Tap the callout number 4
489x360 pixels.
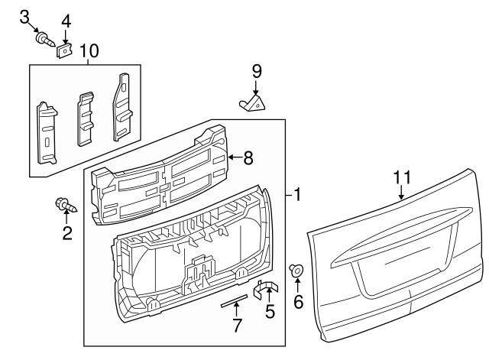click(x=66, y=21)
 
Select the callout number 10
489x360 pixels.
click(x=89, y=51)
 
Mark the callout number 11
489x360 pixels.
click(x=402, y=177)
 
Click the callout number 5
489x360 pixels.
click(x=269, y=312)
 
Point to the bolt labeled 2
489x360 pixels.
click(x=65, y=205)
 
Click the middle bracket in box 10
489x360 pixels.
click(x=86, y=118)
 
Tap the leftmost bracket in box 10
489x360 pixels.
click(x=47, y=130)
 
